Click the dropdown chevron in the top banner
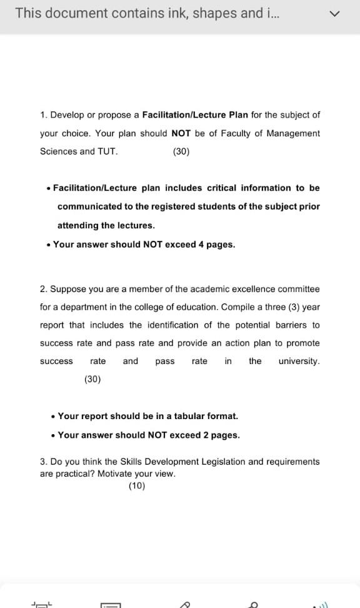tap(336, 14)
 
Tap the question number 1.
tap(43, 115)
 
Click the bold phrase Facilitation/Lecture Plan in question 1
tap(195, 115)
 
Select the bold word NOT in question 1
tap(181, 133)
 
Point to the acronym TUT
tap(107, 151)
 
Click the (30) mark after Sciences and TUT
tap(181, 151)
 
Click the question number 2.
tap(43, 289)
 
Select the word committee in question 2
tap(298, 289)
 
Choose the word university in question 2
tap(298, 362)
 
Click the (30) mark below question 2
tap(92, 379)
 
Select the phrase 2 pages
tap(221, 435)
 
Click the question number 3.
tap(43, 462)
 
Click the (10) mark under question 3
tap(136, 486)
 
